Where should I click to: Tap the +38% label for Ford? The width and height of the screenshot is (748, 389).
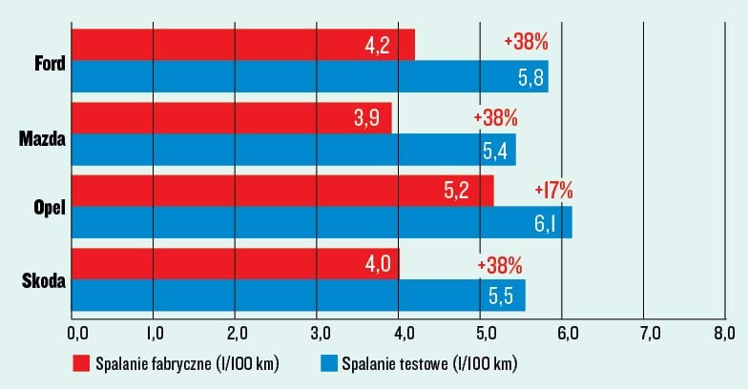coord(525,43)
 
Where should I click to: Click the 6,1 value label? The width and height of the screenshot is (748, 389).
coord(553,223)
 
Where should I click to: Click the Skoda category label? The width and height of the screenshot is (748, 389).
coord(42,280)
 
